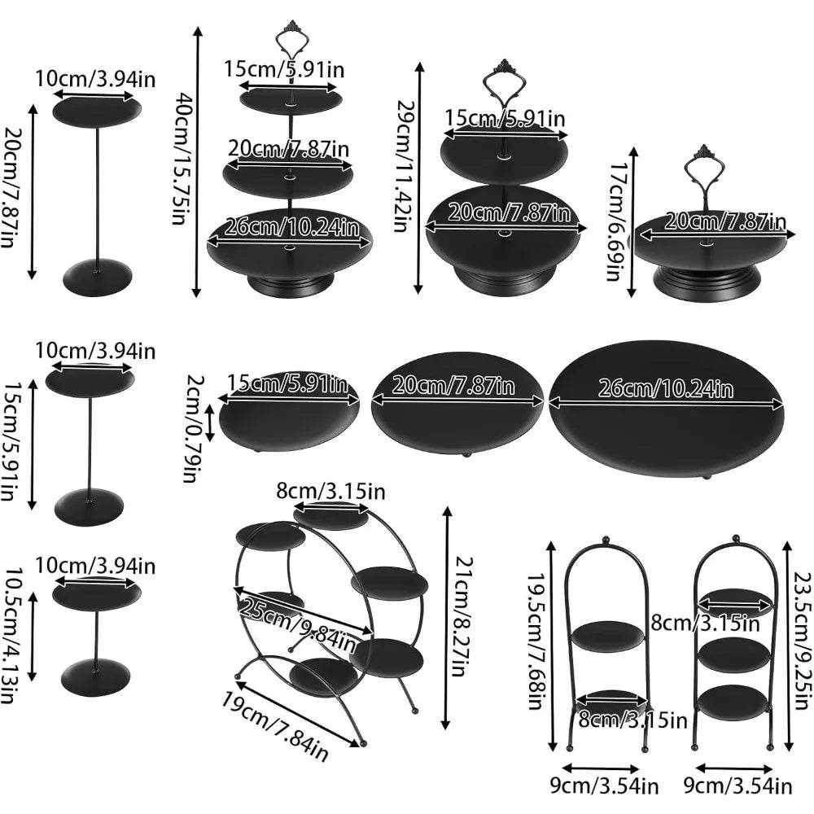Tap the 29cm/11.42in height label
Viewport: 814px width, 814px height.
point(403,166)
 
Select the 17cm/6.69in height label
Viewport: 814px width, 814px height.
point(619,213)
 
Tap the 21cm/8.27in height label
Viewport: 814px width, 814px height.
point(461,619)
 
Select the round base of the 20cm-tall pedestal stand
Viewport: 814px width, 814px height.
point(97,277)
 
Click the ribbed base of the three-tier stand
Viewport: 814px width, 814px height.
point(290,285)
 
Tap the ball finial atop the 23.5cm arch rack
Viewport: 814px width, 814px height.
point(734,538)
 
